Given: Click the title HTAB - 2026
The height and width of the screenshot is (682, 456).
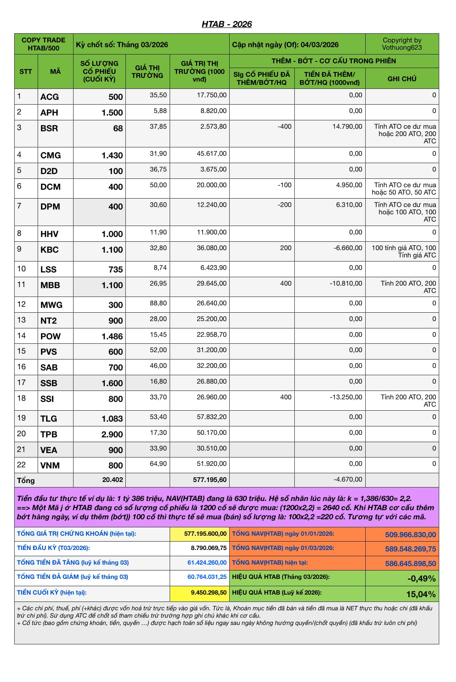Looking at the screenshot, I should pos(227,24).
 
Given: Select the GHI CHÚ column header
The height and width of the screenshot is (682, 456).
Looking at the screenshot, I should pos(402,79).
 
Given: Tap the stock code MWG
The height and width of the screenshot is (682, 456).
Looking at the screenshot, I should pos(52,305).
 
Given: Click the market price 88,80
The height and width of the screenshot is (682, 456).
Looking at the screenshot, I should pos(158,303).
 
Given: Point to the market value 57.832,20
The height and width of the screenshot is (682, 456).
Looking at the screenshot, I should pos(211,417).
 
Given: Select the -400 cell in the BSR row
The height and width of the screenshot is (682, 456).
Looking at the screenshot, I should pos(284,127).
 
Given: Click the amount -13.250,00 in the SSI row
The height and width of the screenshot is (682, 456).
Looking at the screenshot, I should pos(346,397).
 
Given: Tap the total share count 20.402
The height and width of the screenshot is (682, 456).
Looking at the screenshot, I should pos(113,480).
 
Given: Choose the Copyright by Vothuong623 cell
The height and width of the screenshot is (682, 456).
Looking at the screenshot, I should pos(402,44).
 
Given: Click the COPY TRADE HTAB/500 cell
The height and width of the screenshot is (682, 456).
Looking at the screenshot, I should pos(44,44).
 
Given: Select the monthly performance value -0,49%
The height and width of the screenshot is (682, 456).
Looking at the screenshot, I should pos(421,579).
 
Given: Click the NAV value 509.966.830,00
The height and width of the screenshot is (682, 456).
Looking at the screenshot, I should pos(410,535).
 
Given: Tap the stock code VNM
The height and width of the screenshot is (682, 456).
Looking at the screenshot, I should pos(50,466).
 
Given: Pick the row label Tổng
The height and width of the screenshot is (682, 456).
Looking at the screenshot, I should pos(26,481).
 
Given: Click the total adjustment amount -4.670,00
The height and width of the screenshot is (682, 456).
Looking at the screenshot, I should pos(348,479).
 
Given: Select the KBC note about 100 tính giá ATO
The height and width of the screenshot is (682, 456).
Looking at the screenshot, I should pos(404,252).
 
